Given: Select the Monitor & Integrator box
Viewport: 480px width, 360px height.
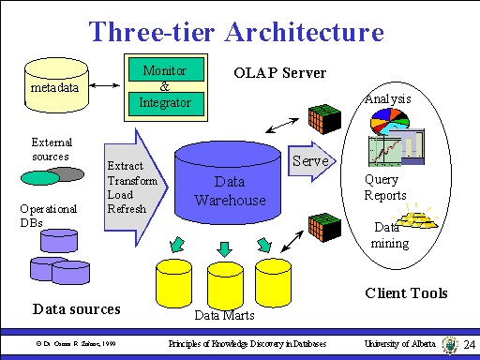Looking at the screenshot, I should click(164, 87).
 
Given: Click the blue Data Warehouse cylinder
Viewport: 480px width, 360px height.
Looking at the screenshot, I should click(230, 187).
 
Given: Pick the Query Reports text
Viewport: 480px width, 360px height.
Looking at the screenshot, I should click(384, 187).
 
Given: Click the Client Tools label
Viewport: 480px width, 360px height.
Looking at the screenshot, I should click(405, 292).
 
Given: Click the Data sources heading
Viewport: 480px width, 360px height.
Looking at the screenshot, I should click(76, 307).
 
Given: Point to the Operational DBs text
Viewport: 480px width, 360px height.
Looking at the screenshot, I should click(47, 215).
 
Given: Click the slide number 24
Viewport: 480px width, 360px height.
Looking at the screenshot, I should click(470, 345).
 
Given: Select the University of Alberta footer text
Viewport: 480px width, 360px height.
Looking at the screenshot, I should click(401, 345).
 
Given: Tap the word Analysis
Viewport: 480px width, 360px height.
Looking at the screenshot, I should click(387, 97).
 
